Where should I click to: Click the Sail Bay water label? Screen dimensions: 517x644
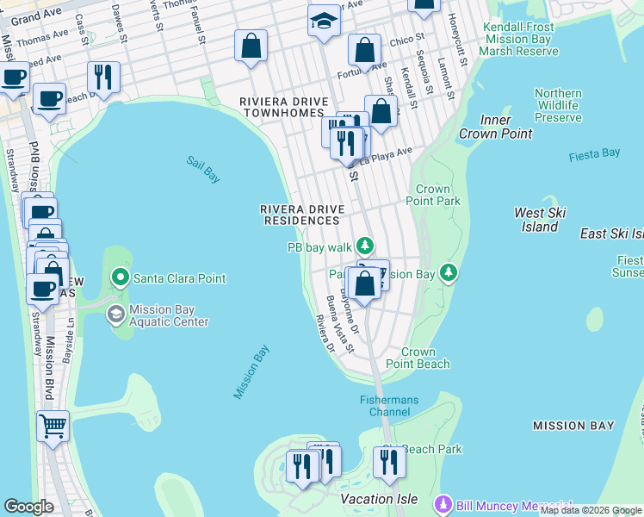(x=203, y=169)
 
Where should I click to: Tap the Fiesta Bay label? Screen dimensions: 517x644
(x=594, y=154)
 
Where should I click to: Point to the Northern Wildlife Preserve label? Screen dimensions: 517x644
(x=558, y=105)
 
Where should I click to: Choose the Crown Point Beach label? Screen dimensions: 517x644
(x=425, y=358)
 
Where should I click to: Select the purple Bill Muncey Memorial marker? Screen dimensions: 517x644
(x=443, y=502)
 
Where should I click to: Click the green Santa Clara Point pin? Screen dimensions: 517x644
(x=121, y=278)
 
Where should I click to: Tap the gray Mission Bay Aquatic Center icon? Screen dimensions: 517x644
(x=115, y=315)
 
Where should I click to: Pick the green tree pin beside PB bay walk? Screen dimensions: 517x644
(x=366, y=247)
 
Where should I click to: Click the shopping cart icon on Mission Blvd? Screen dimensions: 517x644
(x=53, y=426)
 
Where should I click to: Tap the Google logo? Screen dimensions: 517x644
(x=28, y=507)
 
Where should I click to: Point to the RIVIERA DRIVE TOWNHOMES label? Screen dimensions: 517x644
(x=284, y=109)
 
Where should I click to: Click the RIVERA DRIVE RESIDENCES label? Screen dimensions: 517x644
(x=302, y=215)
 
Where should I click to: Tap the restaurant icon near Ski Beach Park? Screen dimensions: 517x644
(x=389, y=463)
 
